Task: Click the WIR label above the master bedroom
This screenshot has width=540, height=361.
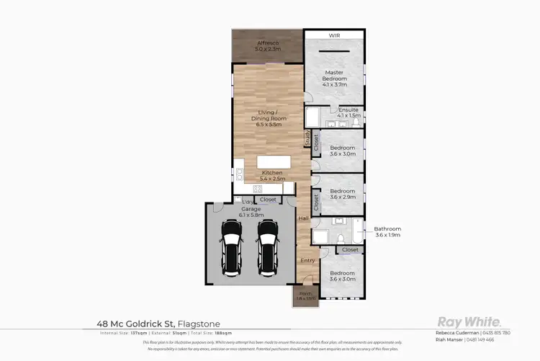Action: (x=334, y=35)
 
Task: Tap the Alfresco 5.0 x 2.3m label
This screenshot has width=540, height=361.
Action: (x=268, y=47)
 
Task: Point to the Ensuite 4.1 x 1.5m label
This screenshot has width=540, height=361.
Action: (x=348, y=112)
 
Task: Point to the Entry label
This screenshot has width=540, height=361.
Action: (x=307, y=260)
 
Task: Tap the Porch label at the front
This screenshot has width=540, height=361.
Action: (x=306, y=295)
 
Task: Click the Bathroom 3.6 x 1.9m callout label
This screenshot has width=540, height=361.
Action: (x=387, y=232)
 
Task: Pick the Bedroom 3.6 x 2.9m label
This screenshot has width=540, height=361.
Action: (x=342, y=194)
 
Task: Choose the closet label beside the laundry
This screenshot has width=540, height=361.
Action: (x=268, y=199)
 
